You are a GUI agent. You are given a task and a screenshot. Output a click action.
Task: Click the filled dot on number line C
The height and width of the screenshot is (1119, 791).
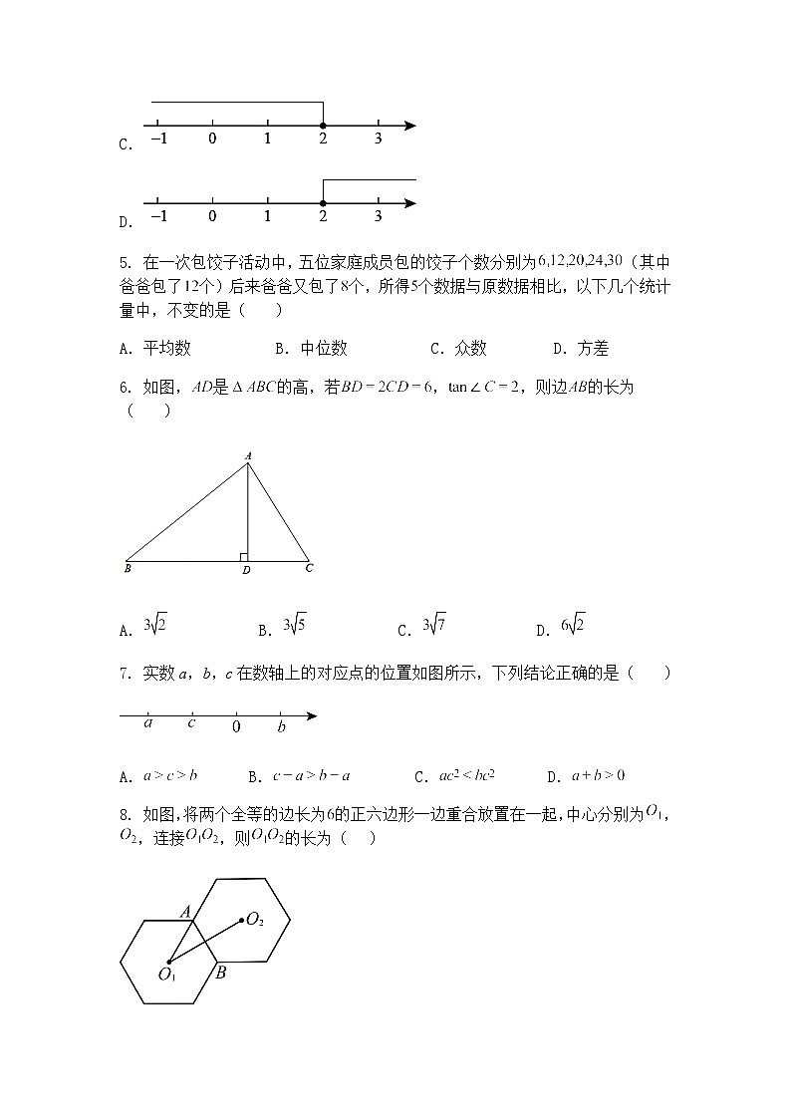323,126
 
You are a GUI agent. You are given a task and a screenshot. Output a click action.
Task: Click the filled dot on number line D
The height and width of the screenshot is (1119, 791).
323,203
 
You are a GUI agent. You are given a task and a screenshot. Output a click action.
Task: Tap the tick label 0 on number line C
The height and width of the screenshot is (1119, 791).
212,140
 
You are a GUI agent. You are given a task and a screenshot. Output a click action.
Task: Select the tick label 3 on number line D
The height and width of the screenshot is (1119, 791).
378,217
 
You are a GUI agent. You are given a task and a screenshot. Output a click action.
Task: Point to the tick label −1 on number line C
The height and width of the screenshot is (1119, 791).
158,140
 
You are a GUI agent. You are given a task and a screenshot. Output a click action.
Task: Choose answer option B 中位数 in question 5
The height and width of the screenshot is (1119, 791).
311,349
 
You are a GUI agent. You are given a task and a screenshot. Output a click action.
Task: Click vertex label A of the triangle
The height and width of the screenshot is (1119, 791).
248,455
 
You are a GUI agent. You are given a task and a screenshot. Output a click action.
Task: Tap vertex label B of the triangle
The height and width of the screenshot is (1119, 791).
128,570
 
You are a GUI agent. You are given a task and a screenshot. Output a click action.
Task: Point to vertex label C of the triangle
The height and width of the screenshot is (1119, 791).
310,569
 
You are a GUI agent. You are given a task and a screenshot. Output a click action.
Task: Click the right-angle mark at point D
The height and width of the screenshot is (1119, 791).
243,556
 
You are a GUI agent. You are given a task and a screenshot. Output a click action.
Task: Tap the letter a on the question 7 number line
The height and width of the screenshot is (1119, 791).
148,724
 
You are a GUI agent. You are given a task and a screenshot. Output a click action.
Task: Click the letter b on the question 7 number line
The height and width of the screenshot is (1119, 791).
281,726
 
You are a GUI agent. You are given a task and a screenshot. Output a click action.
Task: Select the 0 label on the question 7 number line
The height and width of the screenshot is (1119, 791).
236,726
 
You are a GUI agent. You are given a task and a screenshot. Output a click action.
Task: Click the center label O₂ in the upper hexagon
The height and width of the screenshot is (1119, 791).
255,920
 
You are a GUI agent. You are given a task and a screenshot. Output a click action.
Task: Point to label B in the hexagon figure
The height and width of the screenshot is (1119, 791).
221,973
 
